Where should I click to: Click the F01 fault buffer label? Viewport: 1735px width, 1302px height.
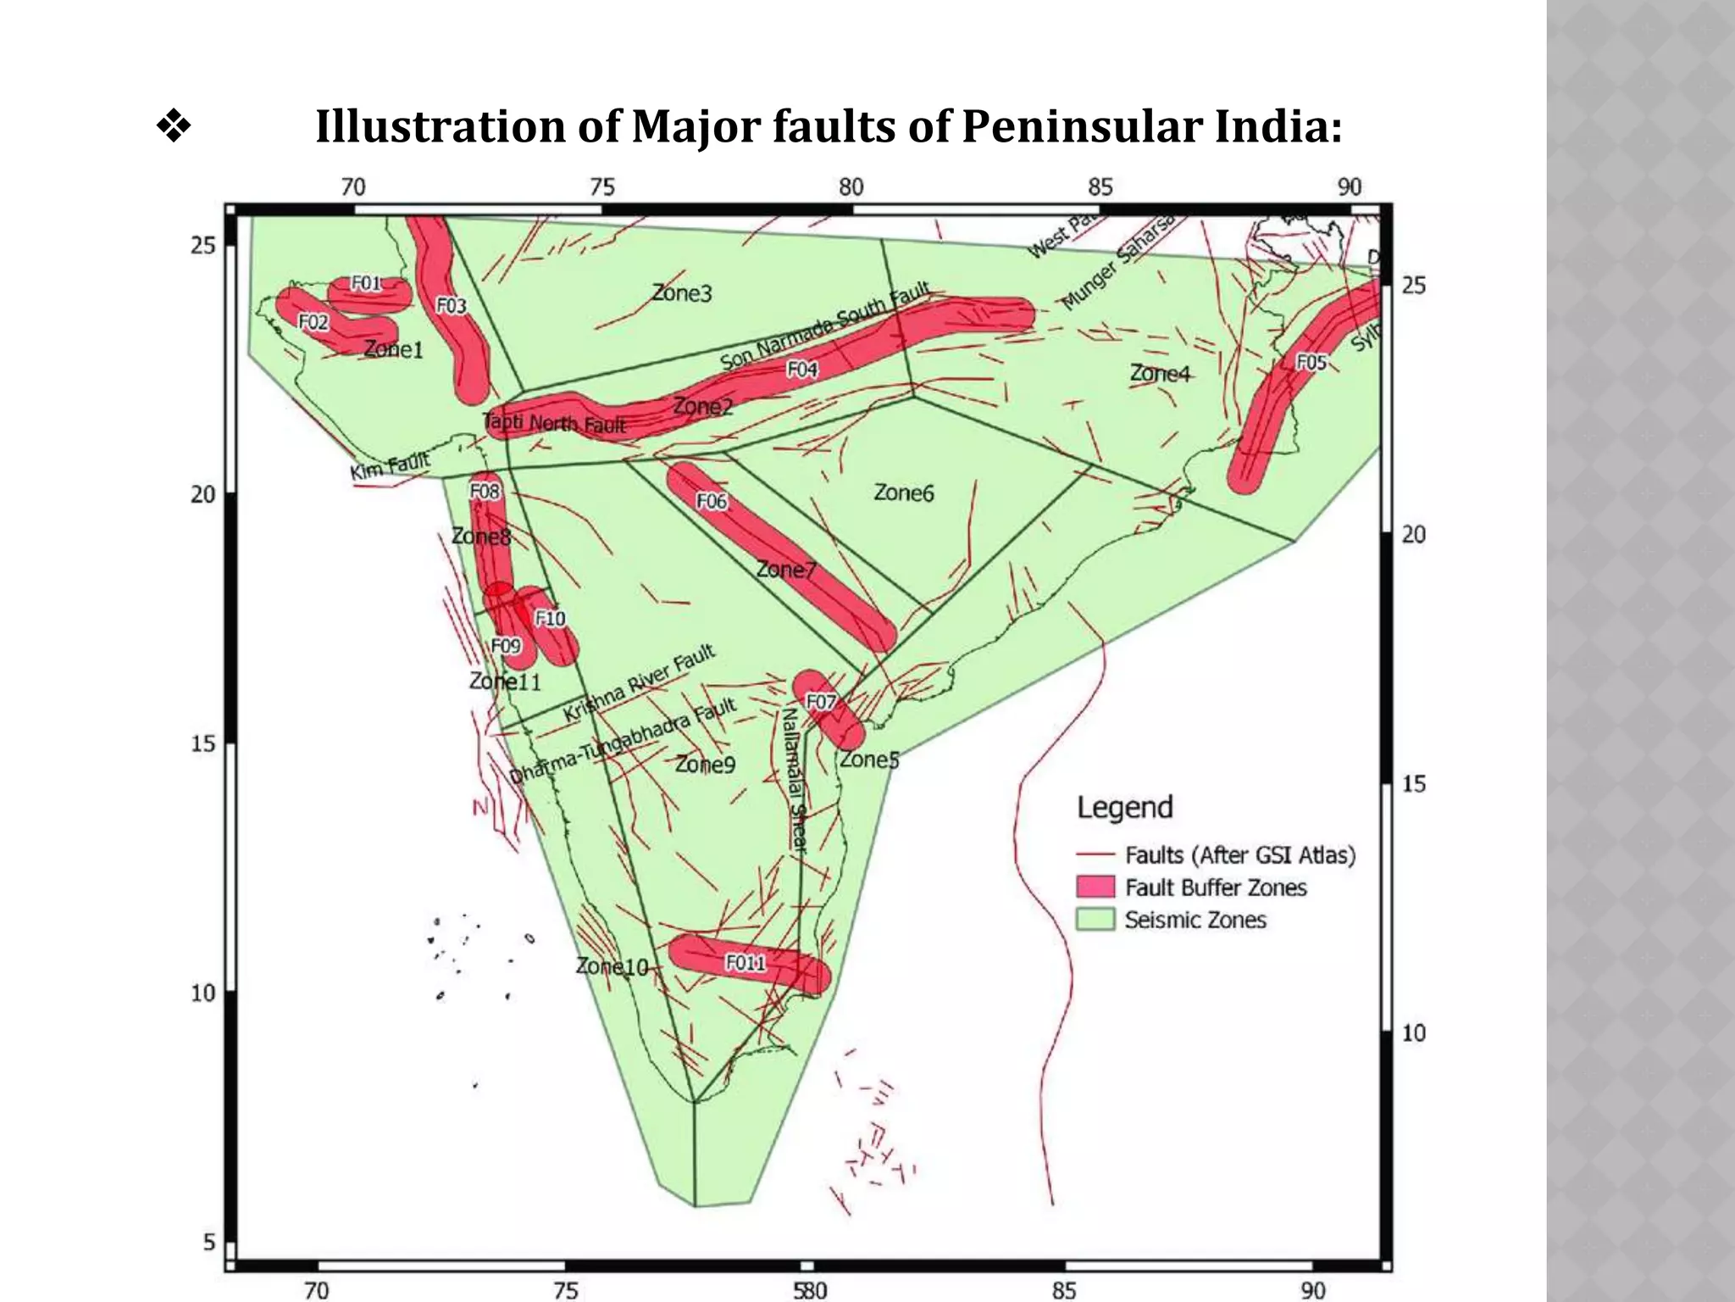pyautogui.click(x=366, y=283)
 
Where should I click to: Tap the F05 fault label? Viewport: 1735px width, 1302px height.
pyautogui.click(x=1311, y=363)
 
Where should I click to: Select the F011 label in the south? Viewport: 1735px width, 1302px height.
pyautogui.click(x=746, y=963)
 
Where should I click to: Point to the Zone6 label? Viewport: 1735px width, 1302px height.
pyautogui.click(x=903, y=492)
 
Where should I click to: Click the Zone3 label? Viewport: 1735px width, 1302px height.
pyautogui.click(x=681, y=293)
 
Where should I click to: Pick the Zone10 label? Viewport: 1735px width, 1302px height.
pyautogui.click(x=612, y=966)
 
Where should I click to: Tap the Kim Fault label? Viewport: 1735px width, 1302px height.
pyautogui.click(x=391, y=466)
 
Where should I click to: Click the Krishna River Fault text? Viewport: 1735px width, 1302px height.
pyautogui.click(x=640, y=683)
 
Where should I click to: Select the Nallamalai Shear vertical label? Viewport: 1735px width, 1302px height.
pyautogui.click(x=793, y=780)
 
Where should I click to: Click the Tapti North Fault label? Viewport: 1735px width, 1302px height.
pyautogui.click(x=554, y=423)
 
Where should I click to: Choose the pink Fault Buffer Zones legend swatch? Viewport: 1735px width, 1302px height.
pyautogui.click(x=1095, y=887)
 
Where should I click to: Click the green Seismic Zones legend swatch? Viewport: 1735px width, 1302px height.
pyautogui.click(x=1095, y=920)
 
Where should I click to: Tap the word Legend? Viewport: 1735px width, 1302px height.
pyautogui.click(x=1124, y=807)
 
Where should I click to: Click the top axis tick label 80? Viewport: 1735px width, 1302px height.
pyautogui.click(x=851, y=187)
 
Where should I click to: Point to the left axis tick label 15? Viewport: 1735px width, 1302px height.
pyautogui.click(x=202, y=744)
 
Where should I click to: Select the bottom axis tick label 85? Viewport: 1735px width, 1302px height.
pyautogui.click(x=1063, y=1290)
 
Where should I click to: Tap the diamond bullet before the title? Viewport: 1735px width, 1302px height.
pyautogui.click(x=174, y=127)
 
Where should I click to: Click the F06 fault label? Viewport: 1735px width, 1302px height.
pyautogui.click(x=711, y=502)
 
